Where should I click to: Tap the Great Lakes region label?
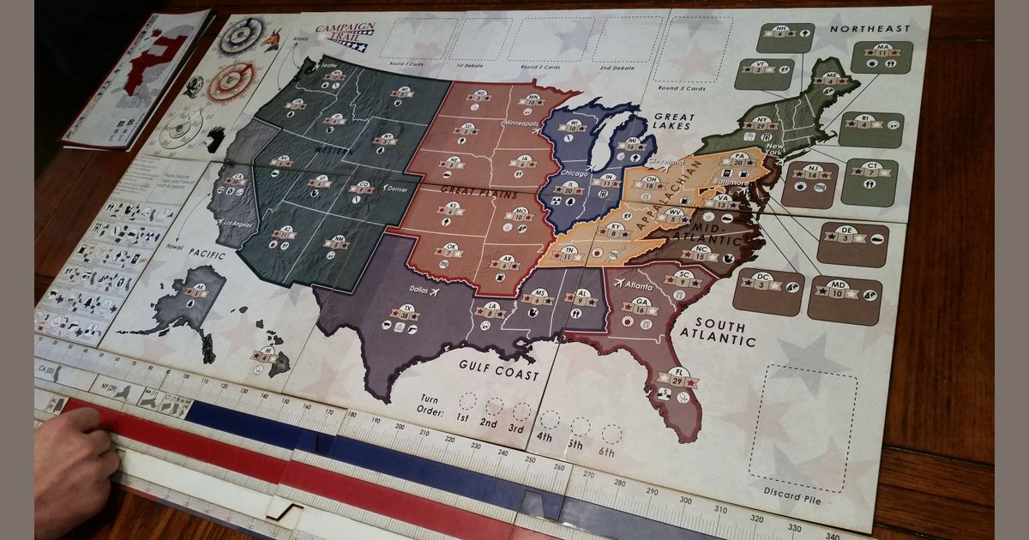(x=672, y=123)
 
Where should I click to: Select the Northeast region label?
(x=870, y=29)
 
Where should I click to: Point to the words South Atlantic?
(x=718, y=333)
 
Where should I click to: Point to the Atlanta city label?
(x=638, y=286)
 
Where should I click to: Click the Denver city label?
(x=396, y=189)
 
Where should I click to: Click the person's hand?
(x=73, y=467)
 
